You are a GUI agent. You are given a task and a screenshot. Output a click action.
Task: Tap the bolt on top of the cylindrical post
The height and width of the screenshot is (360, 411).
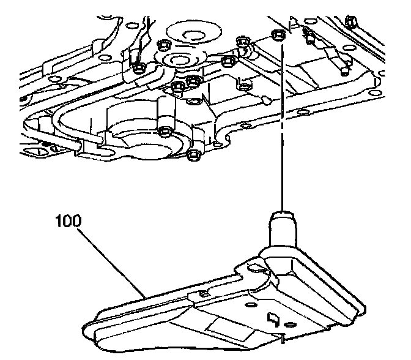point(164,130)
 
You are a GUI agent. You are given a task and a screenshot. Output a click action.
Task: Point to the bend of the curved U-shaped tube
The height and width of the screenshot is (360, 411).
point(61,116)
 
